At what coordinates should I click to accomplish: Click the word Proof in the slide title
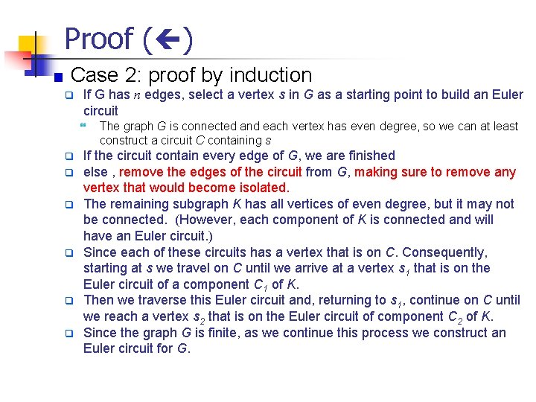[99, 39]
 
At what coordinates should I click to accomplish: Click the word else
[95, 172]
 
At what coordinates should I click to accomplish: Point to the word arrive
[305, 268]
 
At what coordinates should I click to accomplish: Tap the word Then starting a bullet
[98, 301]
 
